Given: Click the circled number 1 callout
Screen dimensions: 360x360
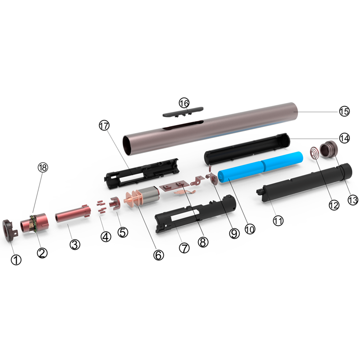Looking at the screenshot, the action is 16,260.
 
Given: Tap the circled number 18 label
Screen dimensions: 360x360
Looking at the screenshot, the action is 43,168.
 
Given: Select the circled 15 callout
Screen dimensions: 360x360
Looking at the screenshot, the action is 344,111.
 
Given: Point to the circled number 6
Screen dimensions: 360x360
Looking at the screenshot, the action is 159,255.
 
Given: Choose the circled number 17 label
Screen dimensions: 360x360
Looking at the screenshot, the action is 104,126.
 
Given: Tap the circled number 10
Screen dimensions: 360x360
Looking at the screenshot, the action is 250,229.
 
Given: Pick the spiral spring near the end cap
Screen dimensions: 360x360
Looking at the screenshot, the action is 315,153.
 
